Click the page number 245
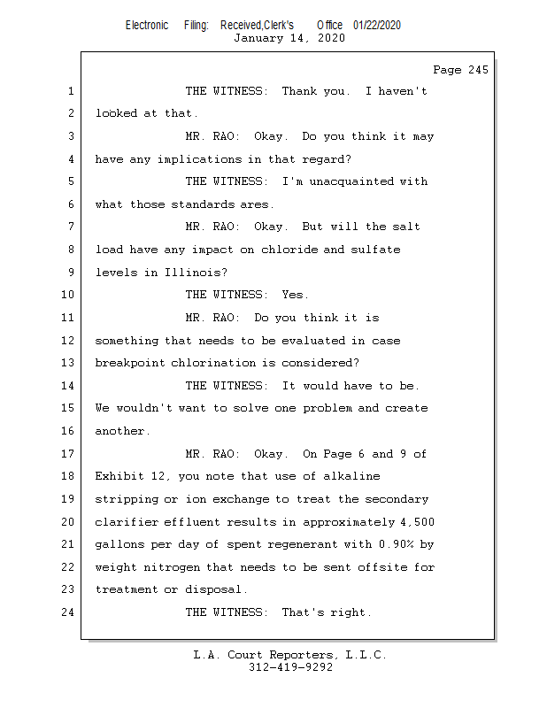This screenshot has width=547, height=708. pyautogui.click(x=478, y=70)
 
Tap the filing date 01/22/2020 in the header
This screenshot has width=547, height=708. pyautogui.click(x=377, y=26)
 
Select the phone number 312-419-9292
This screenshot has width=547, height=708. pyautogui.click(x=290, y=667)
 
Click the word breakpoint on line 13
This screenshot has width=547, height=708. pyautogui.click(x=130, y=363)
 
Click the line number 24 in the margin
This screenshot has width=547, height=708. pyautogui.click(x=68, y=612)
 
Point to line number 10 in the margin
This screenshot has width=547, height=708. pyautogui.click(x=68, y=295)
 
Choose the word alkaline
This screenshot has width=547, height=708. pyautogui.click(x=351, y=476)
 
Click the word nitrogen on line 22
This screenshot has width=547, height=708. pyautogui.click(x=172, y=567)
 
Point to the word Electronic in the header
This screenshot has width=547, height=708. pyautogui.click(x=147, y=26)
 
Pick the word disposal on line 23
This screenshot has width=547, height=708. pyautogui.click(x=213, y=589)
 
